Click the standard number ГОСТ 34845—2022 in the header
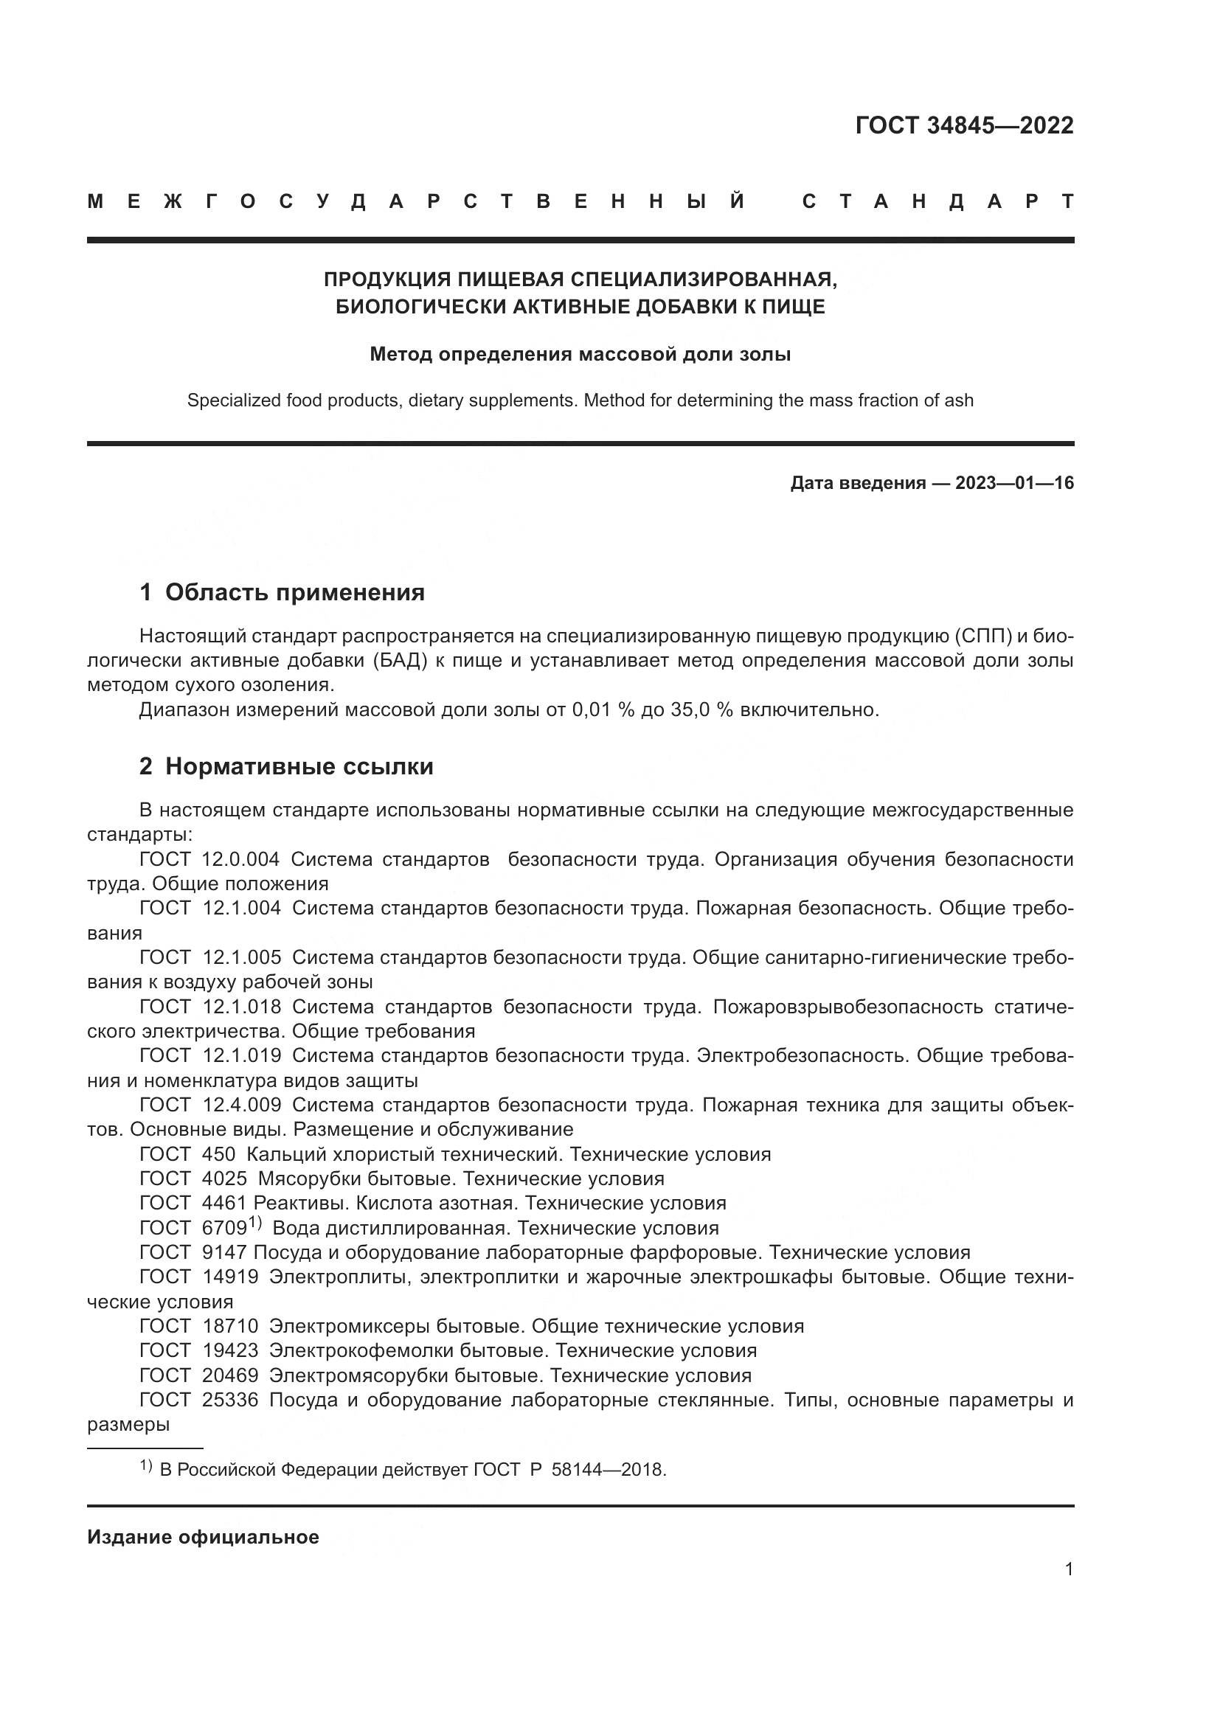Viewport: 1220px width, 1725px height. click(964, 125)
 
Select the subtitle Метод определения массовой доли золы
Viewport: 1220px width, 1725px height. click(580, 354)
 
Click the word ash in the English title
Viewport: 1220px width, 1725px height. click(959, 400)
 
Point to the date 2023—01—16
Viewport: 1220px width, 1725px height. click(1014, 483)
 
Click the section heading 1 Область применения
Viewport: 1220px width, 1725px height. click(282, 593)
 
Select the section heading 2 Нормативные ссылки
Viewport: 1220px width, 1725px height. click(286, 766)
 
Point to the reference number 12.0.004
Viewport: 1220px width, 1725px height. click(240, 859)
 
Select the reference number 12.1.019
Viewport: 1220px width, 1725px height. click(242, 1055)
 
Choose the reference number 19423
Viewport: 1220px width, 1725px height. click(230, 1350)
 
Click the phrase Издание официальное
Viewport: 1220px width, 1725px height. click(203, 1537)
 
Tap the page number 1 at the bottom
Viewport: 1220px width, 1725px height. click(1069, 1569)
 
